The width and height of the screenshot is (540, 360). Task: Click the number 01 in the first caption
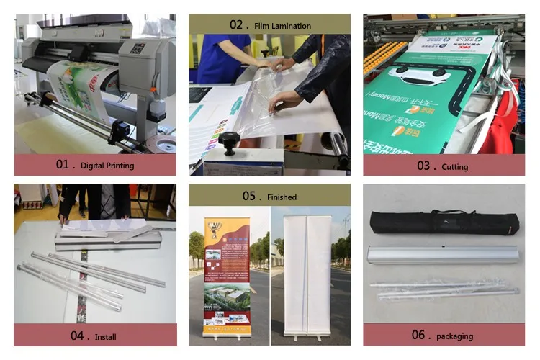click(65, 164)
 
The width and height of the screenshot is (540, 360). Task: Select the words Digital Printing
click(107, 166)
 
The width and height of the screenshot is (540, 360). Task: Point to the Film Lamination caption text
click(283, 26)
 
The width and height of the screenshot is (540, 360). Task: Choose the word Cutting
click(455, 167)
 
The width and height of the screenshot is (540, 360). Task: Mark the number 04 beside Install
click(78, 336)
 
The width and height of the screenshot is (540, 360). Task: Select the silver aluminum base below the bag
click(441, 255)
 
